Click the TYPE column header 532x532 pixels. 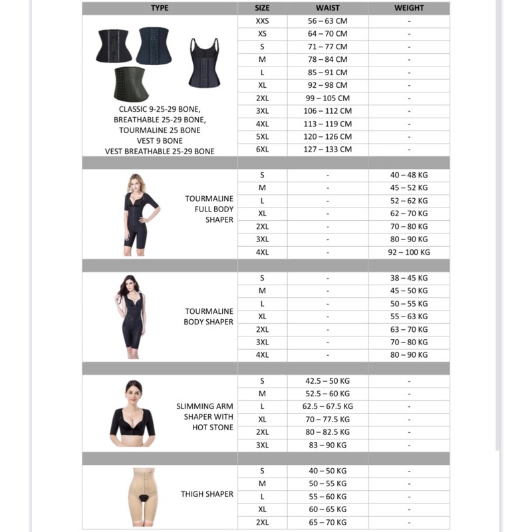tap(160, 8)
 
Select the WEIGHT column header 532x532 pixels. tap(409, 8)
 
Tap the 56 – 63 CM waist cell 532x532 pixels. tap(328, 21)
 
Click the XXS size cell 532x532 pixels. tap(262, 21)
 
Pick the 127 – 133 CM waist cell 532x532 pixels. tap(328, 150)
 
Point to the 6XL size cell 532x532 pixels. tap(262, 150)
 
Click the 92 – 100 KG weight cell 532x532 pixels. tap(409, 252)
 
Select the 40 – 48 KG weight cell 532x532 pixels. tap(409, 175)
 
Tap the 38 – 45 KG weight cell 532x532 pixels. tap(409, 278)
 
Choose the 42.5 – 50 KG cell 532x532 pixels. tap(328, 381)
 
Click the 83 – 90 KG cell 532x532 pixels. tap(328, 445)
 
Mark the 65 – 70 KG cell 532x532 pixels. tap(328, 522)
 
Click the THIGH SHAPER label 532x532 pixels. tap(207, 494)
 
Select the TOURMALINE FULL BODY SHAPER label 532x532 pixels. tap(209, 209)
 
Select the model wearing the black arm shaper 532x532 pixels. tap(134, 414)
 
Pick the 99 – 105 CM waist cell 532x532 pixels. tap(328, 98)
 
